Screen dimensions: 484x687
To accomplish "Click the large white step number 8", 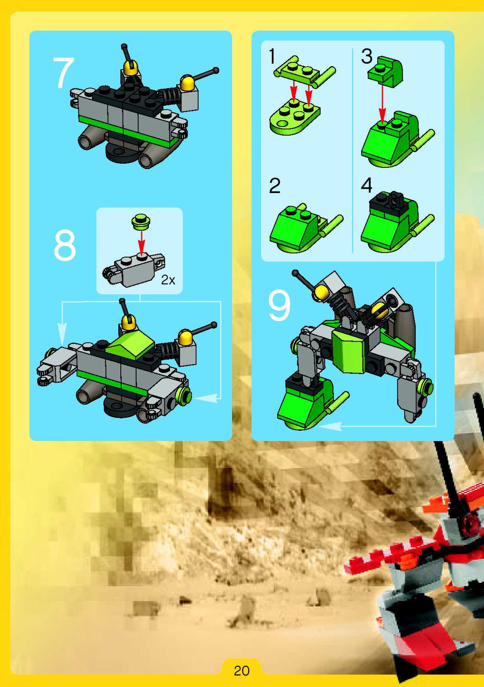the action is (x=65, y=246).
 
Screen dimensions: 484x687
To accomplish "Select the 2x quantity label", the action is (x=168, y=280).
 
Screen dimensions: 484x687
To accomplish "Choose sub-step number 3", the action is (x=367, y=56).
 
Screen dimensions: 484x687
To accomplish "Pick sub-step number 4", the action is (x=367, y=186).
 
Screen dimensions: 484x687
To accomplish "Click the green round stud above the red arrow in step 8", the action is (x=141, y=222).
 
